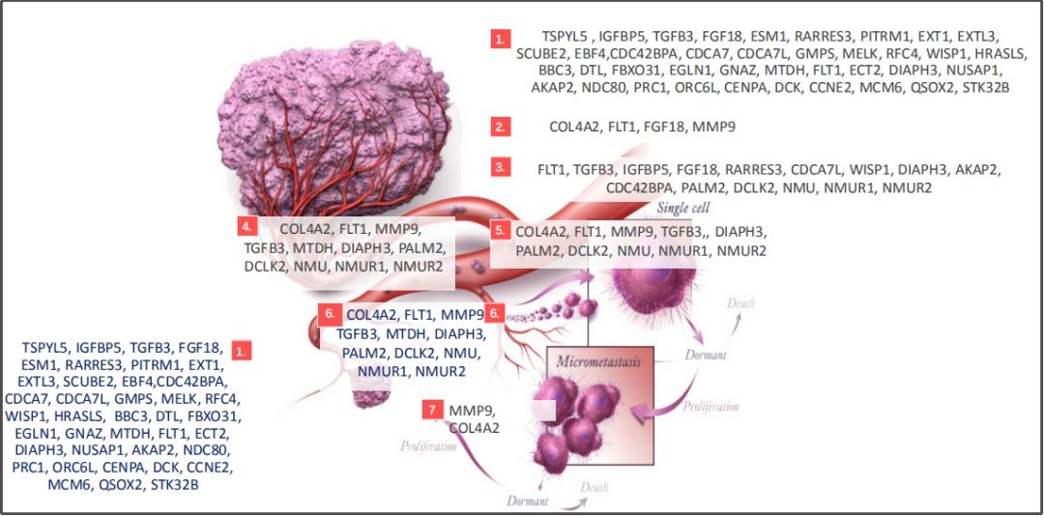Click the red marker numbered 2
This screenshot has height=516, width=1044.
500,127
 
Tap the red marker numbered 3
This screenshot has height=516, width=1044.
500,167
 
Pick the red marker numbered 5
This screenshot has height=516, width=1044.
500,230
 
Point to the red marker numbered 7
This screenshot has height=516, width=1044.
432,410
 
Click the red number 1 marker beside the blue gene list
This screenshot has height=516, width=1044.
243,351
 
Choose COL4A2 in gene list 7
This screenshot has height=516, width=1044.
474,427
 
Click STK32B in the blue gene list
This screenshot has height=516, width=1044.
175,485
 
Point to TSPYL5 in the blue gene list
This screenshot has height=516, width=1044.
46,347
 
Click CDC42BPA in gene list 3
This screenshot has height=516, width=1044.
641,187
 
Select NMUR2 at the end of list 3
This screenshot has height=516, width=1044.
907,187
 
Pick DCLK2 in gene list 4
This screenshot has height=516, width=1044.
265,266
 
